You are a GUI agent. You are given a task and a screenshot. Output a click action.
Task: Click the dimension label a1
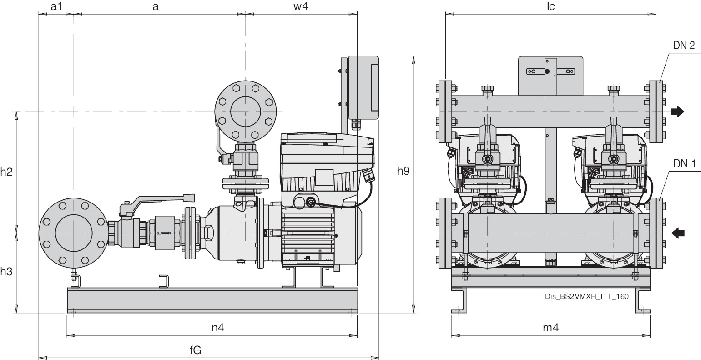[56, 7]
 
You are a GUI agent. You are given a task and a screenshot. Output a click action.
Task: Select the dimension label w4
[301, 7]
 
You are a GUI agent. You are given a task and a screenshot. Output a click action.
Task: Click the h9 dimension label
[403, 171]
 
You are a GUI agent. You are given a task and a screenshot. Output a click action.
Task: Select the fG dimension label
[196, 350]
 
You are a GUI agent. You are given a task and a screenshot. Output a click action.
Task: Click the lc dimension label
[551, 7]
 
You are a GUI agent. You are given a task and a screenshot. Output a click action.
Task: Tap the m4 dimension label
[551, 327]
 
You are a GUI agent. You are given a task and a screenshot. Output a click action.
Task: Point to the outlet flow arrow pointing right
[678, 112]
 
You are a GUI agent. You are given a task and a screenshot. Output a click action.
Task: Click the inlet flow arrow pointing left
[678, 233]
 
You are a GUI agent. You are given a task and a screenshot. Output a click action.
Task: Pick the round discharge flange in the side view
[246, 112]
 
